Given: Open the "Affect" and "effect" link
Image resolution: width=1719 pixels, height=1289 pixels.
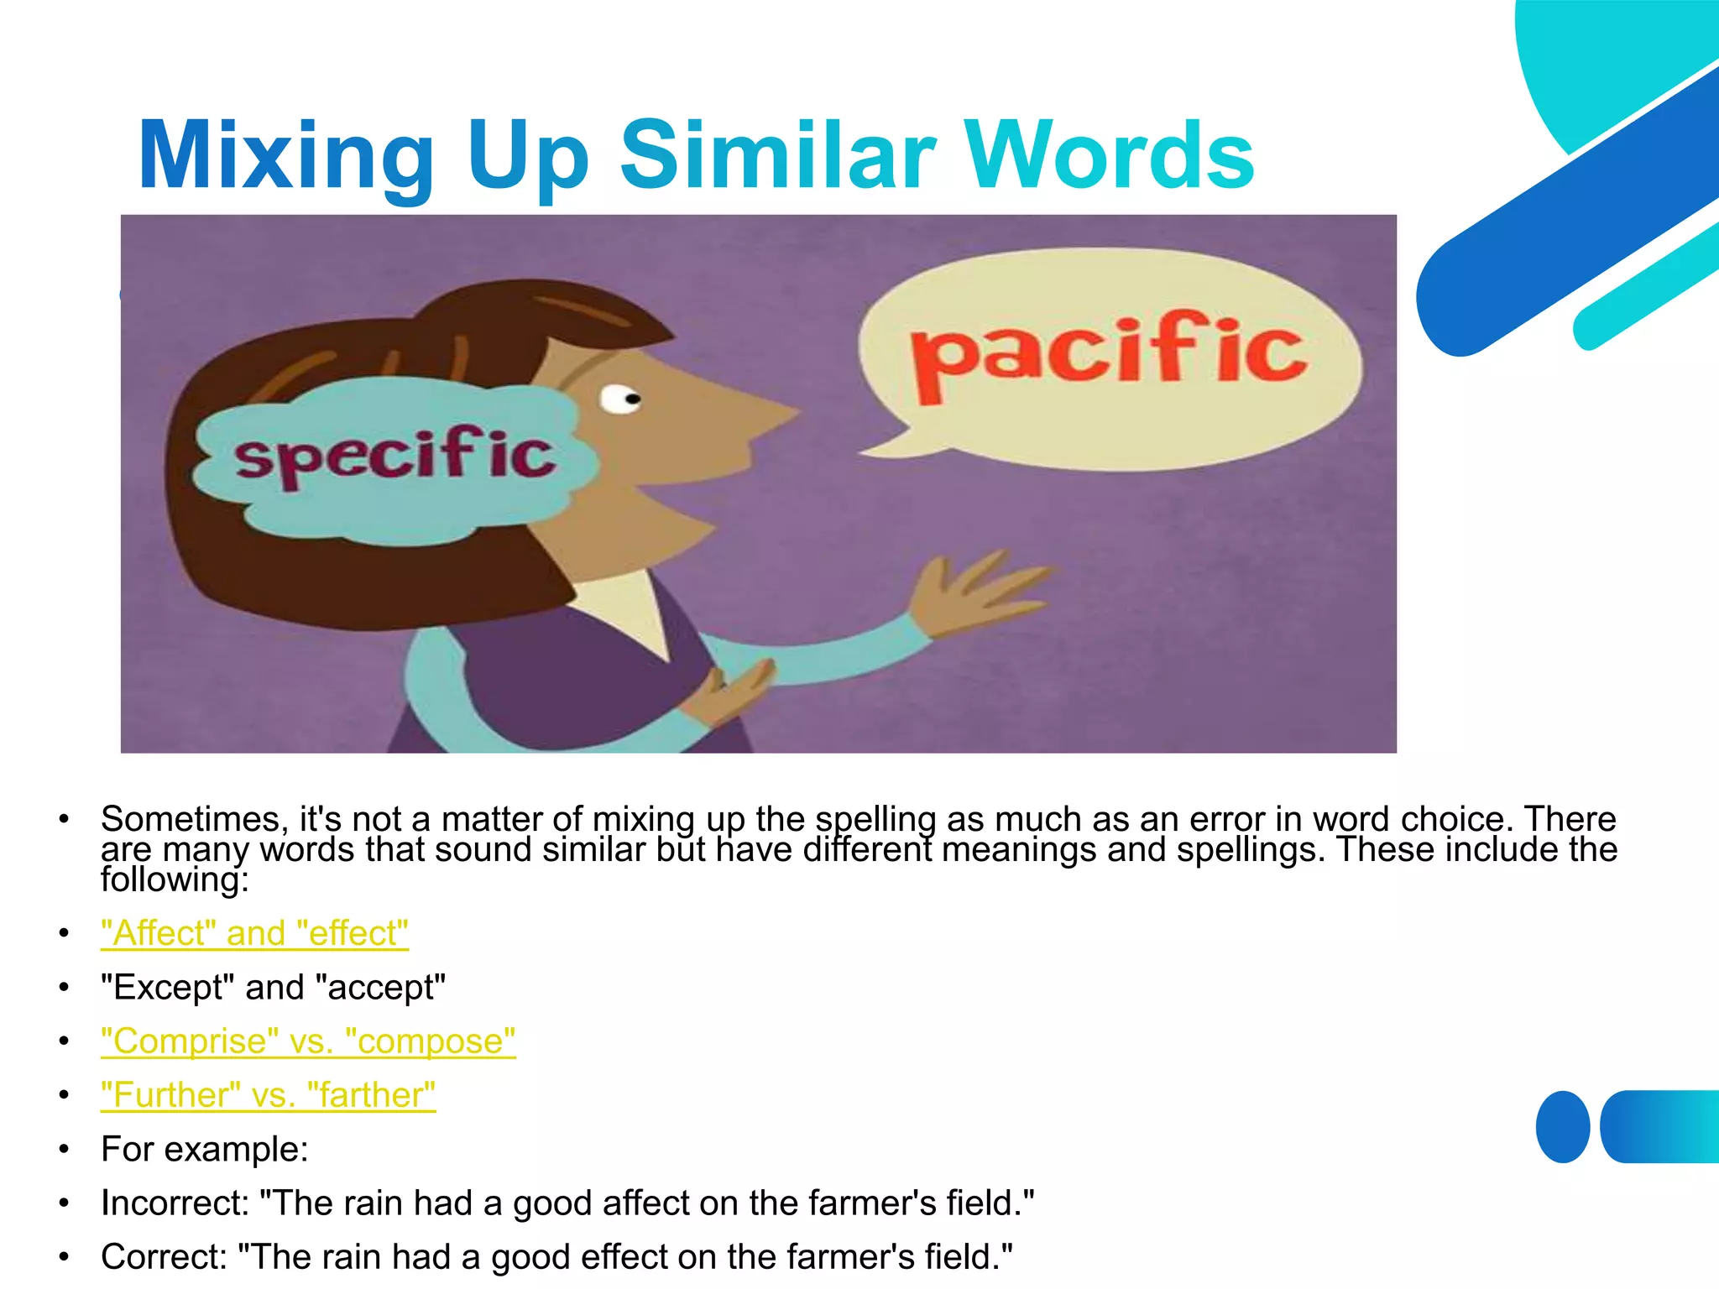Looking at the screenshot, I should pyautogui.click(x=254, y=933).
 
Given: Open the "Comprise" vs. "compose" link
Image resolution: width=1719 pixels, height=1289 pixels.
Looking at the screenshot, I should pyautogui.click(x=308, y=1041).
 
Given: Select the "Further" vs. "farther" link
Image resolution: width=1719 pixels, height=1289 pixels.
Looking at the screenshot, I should pyautogui.click(x=268, y=1095).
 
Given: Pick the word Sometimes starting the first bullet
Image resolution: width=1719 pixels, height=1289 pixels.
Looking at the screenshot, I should pyautogui.click(x=195, y=818).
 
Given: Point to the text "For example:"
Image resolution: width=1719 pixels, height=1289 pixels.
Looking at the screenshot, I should pyautogui.click(x=205, y=1150).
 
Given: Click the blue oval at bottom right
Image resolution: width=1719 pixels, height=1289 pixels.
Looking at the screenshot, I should pyautogui.click(x=1562, y=1126).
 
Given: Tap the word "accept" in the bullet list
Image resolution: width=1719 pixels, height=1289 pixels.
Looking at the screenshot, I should pyautogui.click(x=381, y=988).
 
